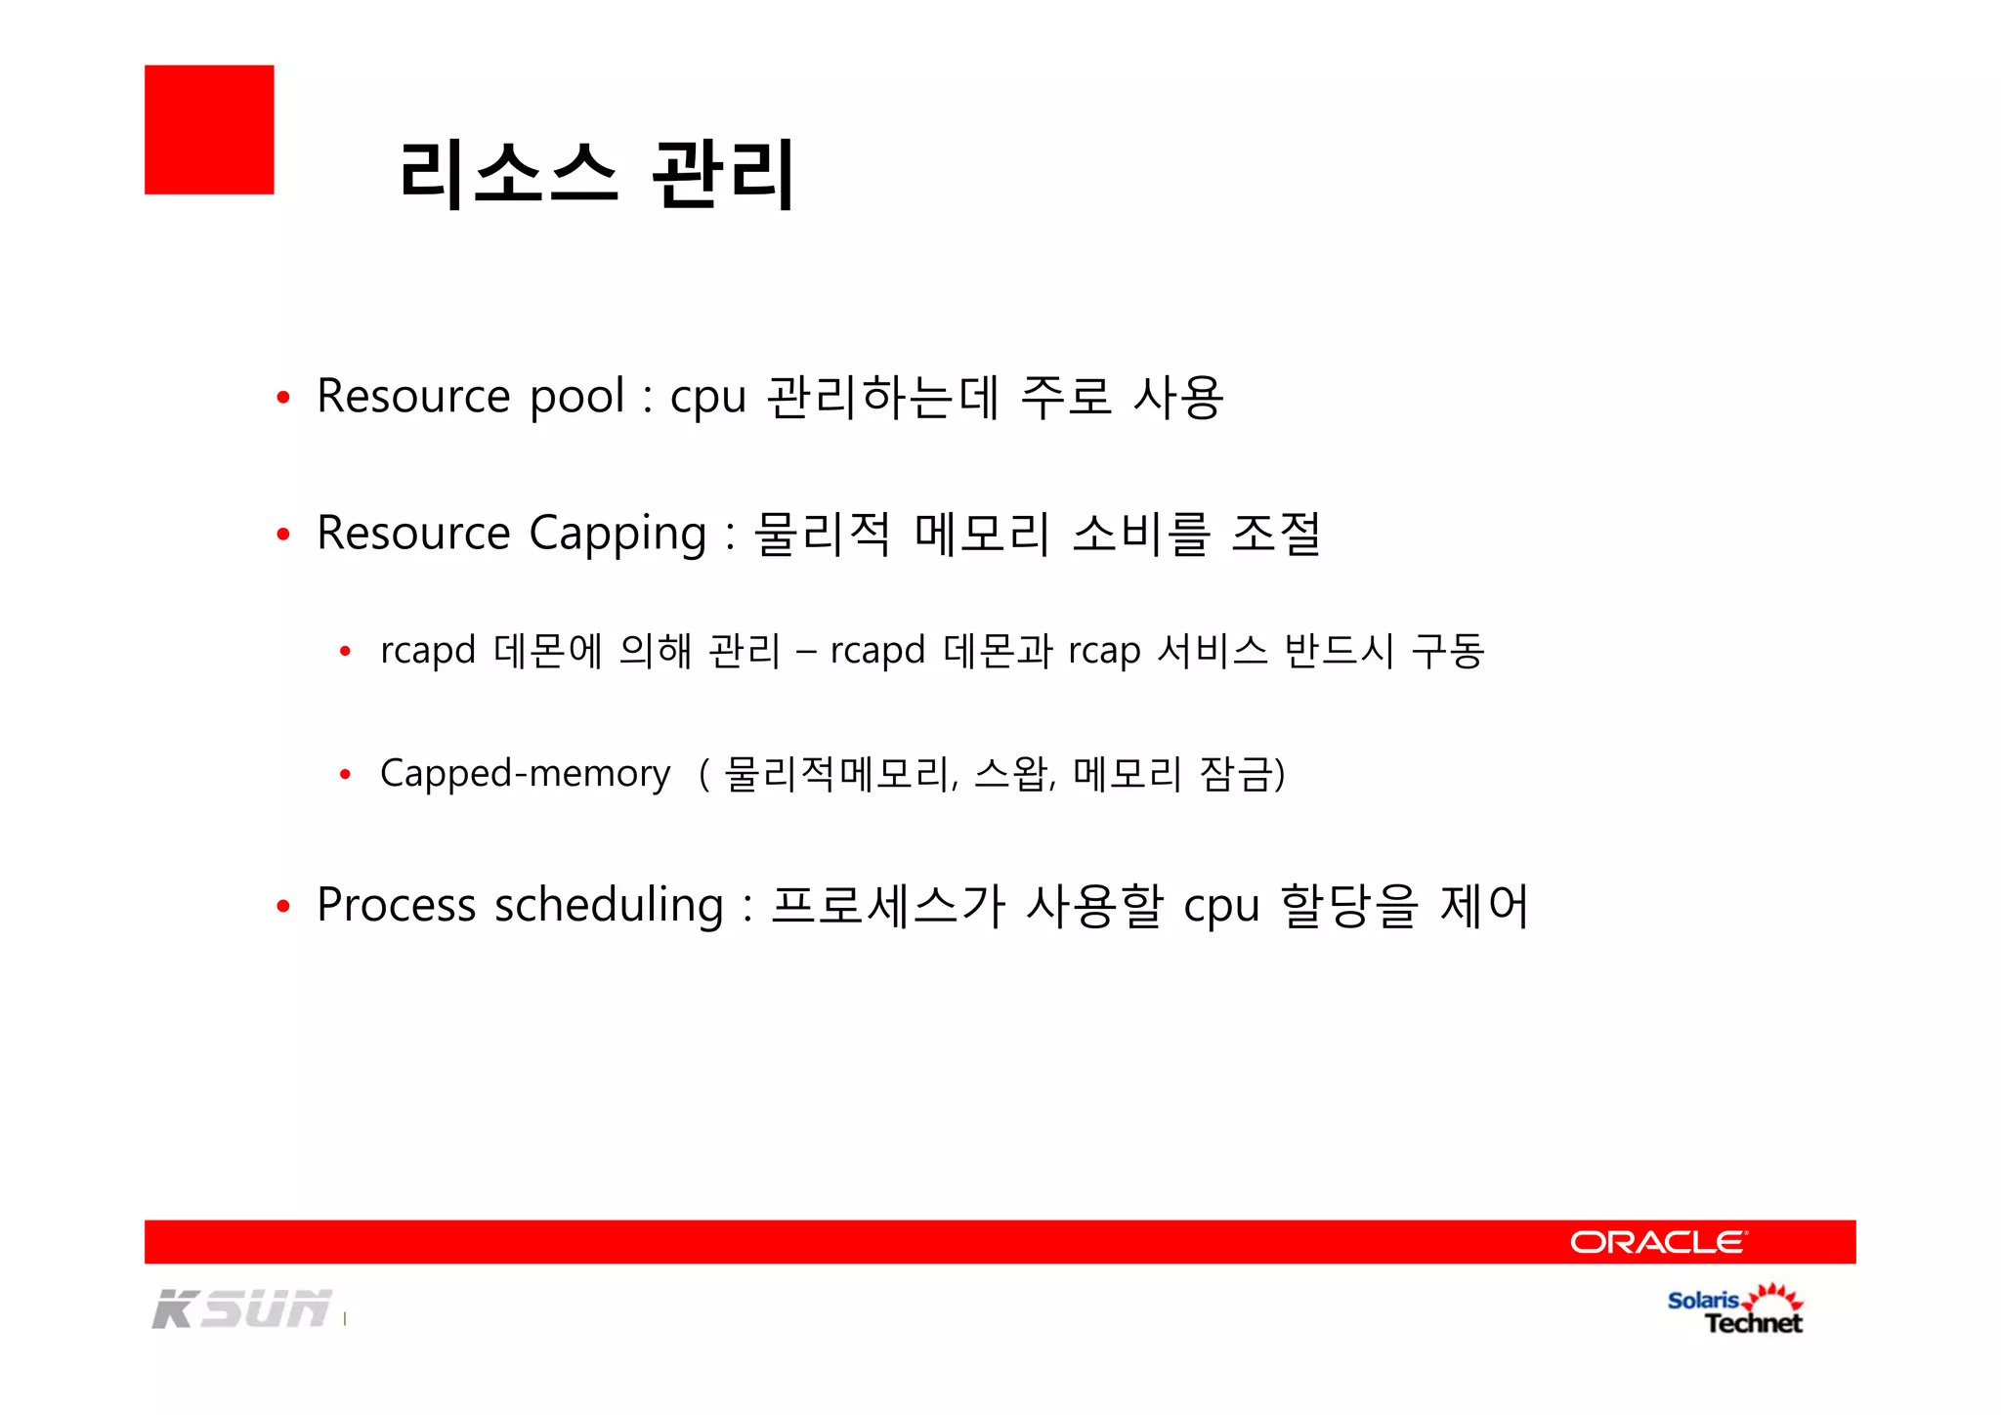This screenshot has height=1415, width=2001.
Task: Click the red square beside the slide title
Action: tap(209, 130)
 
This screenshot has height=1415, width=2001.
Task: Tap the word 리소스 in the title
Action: tap(508, 174)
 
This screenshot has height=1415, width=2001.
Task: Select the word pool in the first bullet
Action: tap(576, 397)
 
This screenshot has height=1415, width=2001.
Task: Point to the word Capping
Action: tap(617, 535)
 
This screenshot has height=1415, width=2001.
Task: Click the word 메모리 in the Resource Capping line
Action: tap(982, 535)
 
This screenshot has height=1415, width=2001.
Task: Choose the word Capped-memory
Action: tap(525, 774)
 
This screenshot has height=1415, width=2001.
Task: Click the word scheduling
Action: tap(609, 906)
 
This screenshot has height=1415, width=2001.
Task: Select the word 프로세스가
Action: tap(887, 906)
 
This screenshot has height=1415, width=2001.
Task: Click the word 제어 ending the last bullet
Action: tap(1483, 906)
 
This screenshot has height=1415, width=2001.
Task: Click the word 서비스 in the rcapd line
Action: tap(1212, 651)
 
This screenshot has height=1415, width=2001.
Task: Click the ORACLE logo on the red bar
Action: tap(1658, 1242)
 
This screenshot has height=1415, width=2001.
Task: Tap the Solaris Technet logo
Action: tap(1735, 1310)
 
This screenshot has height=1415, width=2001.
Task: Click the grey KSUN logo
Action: tap(241, 1309)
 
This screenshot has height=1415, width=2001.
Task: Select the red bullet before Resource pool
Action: tap(283, 398)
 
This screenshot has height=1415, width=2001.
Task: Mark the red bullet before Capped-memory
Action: tap(345, 775)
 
